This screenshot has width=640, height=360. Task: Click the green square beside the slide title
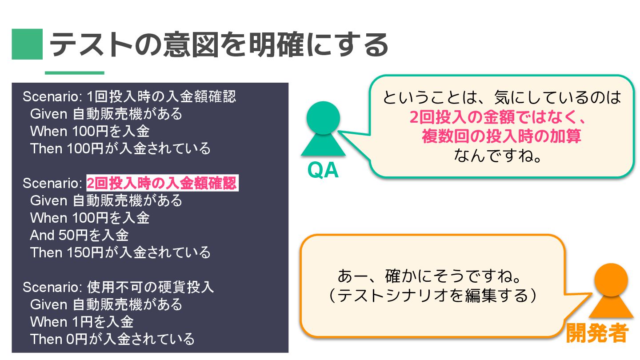27,44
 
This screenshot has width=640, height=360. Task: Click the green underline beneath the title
74,73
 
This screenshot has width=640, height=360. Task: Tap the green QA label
323,171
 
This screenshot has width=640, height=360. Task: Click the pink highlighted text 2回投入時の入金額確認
162,183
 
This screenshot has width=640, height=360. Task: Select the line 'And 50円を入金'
79,235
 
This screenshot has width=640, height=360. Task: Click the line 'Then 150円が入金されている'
120,252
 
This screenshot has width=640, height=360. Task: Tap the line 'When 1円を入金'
82,322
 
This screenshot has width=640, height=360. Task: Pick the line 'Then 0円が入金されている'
112,339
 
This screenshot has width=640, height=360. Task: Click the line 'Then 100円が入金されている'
120,148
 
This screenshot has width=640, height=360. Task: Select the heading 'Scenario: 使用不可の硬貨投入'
118,287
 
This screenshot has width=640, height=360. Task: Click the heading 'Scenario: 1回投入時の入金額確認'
129,96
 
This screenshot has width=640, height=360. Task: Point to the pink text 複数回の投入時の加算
501,136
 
